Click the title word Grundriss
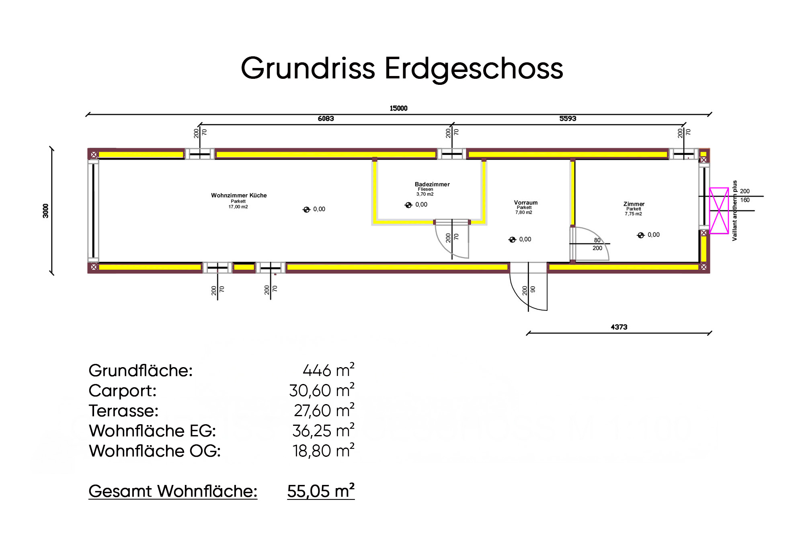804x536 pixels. pyautogui.click(x=308, y=68)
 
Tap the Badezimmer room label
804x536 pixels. pyautogui.click(x=432, y=184)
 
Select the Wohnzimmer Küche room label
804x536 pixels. pyautogui.click(x=239, y=195)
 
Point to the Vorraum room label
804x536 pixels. pyautogui.click(x=525, y=203)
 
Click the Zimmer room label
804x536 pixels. pyautogui.click(x=634, y=204)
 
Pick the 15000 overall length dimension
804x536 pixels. pyautogui.click(x=398, y=108)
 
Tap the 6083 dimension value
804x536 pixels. pyautogui.click(x=326, y=119)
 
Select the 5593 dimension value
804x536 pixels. pyautogui.click(x=568, y=119)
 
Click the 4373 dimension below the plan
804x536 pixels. pyautogui.click(x=619, y=327)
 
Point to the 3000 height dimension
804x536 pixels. pyautogui.click(x=46, y=211)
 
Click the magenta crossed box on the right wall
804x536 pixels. pyautogui.click(x=719, y=211)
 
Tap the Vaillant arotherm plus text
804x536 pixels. pyautogui.click(x=734, y=211)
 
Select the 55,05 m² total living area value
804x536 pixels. pyautogui.click(x=320, y=491)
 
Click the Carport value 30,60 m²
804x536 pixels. pyautogui.click(x=321, y=390)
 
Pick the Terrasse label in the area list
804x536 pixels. pyautogui.click(x=123, y=411)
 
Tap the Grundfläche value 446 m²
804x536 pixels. pyautogui.click(x=328, y=370)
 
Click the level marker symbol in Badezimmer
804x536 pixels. pyautogui.click(x=408, y=205)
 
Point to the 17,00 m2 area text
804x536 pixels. pyautogui.click(x=238, y=207)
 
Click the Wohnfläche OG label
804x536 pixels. pyautogui.click(x=154, y=451)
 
